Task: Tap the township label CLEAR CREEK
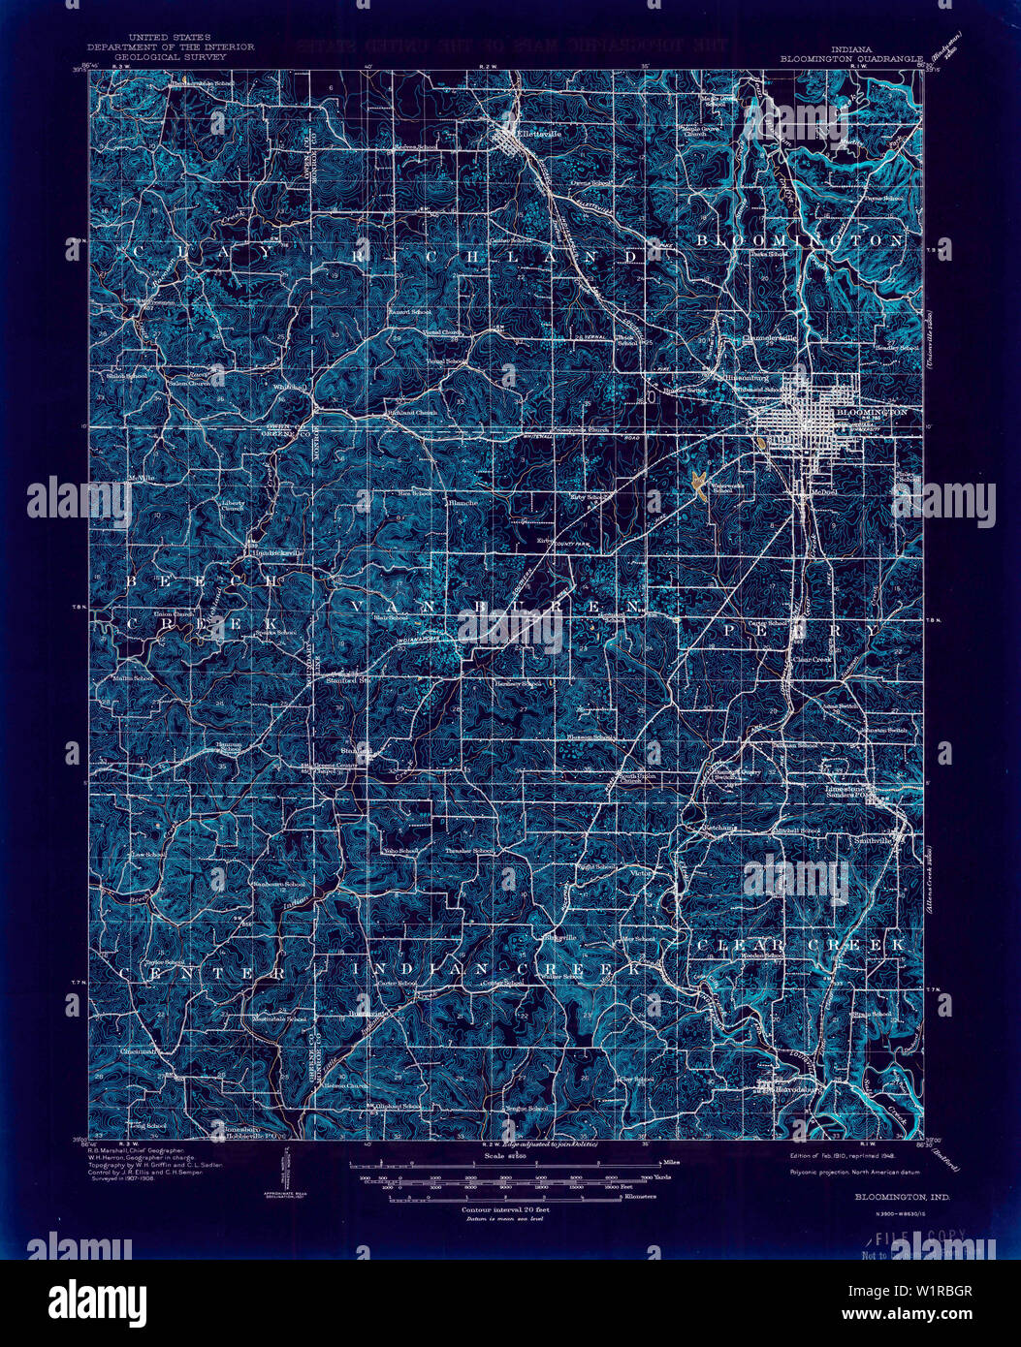pos(801,943)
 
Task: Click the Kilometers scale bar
pos(504,1198)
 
